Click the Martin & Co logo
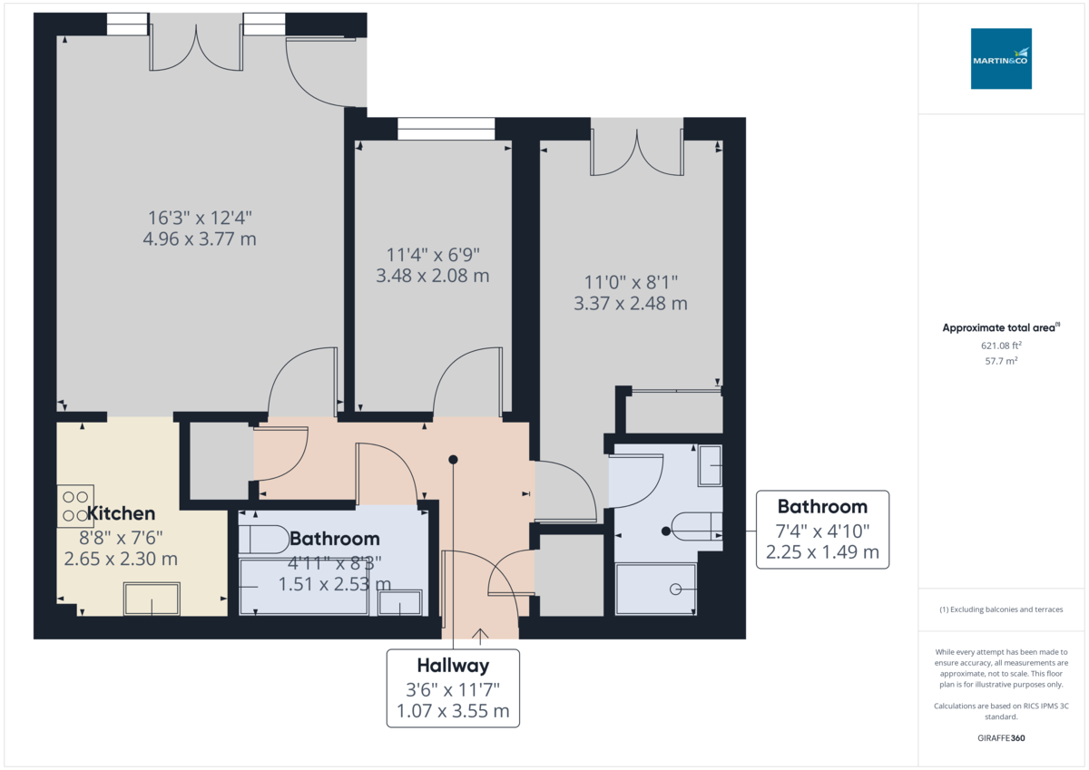coord(1001,59)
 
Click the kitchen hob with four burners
coord(74,506)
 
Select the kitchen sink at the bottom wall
coord(152,599)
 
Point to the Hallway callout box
coord(453,687)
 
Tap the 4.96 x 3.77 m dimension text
coord(200,239)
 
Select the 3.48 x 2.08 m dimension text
coord(433,276)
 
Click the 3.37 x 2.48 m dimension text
coord(630,304)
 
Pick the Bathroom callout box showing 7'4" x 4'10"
coord(822,529)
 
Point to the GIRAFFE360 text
coord(1001,738)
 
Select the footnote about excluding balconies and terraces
coord(1001,609)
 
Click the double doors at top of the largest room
coord(195,48)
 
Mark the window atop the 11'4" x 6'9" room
coord(446,130)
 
